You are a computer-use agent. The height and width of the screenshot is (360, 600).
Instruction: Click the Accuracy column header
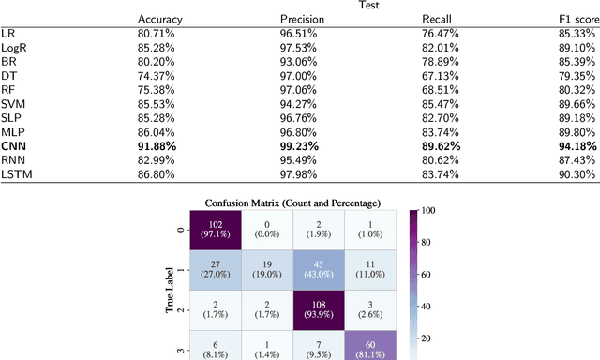(x=160, y=19)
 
